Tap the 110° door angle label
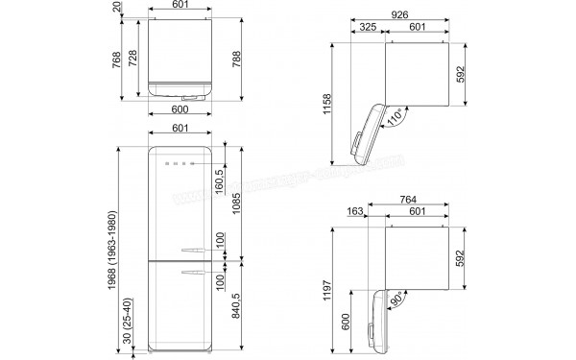tap(394, 119)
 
